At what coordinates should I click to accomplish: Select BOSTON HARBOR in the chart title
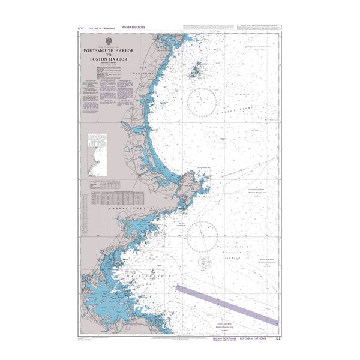point(109,59)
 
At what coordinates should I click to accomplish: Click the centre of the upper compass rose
point(202,101)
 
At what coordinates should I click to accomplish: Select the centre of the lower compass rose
point(202,235)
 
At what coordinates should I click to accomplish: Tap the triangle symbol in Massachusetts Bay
point(154,272)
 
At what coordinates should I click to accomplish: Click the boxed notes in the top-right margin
point(258,26)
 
